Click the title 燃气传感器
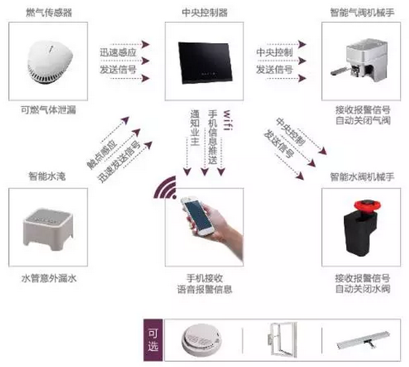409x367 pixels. (49, 12)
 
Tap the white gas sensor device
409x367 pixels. (49, 62)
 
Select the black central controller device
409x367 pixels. (205, 63)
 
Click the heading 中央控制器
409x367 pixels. (204, 12)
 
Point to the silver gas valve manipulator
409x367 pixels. (361, 60)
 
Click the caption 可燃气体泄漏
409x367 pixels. (49, 110)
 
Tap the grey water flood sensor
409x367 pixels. (49, 230)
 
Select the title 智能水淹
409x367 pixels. (47, 176)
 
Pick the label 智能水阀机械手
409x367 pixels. (362, 177)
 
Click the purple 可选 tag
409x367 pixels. (153, 340)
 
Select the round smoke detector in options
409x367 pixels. (201, 340)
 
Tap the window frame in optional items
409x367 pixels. (282, 340)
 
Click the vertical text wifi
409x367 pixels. (227, 120)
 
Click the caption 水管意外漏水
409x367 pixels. (49, 278)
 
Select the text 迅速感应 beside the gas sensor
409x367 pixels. (118, 53)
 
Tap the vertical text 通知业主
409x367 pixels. (195, 128)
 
